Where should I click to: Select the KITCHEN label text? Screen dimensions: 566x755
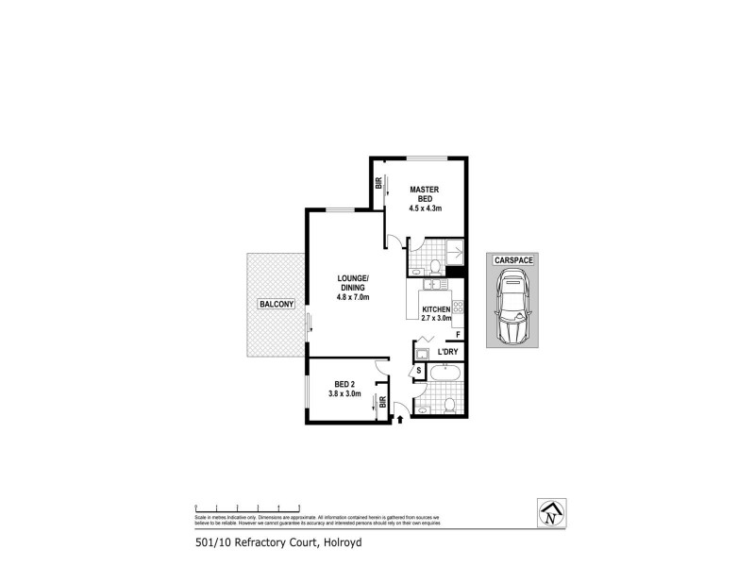(x=436, y=309)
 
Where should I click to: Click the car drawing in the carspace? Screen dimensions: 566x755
(x=512, y=307)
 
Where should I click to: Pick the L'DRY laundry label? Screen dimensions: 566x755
(x=447, y=353)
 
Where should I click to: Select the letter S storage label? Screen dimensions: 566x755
(x=419, y=371)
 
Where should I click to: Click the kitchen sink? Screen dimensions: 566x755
(x=433, y=283)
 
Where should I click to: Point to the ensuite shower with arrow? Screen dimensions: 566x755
(x=454, y=252)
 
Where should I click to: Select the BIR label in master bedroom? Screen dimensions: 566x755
(x=378, y=185)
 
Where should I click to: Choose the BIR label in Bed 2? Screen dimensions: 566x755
(x=382, y=403)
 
